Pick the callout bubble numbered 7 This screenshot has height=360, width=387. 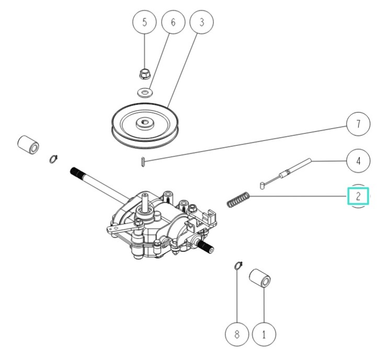coord(358,124)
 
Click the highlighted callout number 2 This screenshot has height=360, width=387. coord(358,196)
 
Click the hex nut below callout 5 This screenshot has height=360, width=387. coord(144,73)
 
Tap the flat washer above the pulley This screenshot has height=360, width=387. coord(144,92)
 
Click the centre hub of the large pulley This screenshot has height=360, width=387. coord(143,124)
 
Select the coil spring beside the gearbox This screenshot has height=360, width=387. coord(238,200)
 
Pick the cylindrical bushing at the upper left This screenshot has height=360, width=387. coord(29,145)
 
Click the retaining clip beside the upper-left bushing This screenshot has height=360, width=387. coord(53,158)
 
